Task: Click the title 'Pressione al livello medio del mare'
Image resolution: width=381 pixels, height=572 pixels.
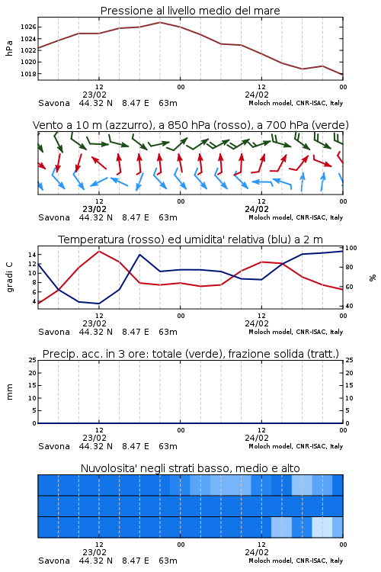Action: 190,11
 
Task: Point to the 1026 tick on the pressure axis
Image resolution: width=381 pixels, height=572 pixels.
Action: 28,27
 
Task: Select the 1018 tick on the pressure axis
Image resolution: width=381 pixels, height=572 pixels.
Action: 28,74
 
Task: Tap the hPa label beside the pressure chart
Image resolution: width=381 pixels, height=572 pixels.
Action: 9,48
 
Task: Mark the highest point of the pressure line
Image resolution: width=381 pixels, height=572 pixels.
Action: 160,22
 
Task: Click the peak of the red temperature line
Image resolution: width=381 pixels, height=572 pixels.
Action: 99,251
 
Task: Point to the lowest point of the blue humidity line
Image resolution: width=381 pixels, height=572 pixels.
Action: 99,304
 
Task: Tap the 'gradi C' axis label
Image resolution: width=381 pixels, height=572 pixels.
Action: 9,278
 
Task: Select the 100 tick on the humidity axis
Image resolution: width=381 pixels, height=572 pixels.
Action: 351,248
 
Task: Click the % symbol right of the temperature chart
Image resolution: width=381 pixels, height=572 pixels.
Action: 373,278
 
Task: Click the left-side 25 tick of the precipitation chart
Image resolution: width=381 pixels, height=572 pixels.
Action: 33,360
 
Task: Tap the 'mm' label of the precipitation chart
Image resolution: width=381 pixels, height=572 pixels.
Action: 9,392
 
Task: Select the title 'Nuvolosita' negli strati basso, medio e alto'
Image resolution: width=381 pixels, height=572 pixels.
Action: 190,468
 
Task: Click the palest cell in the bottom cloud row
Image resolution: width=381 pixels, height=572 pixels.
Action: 322,527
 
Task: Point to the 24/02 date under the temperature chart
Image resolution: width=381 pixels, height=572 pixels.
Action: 257,323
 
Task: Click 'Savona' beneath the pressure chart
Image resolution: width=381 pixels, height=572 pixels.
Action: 54,103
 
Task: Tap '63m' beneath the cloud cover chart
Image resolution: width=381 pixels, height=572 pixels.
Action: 168,561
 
